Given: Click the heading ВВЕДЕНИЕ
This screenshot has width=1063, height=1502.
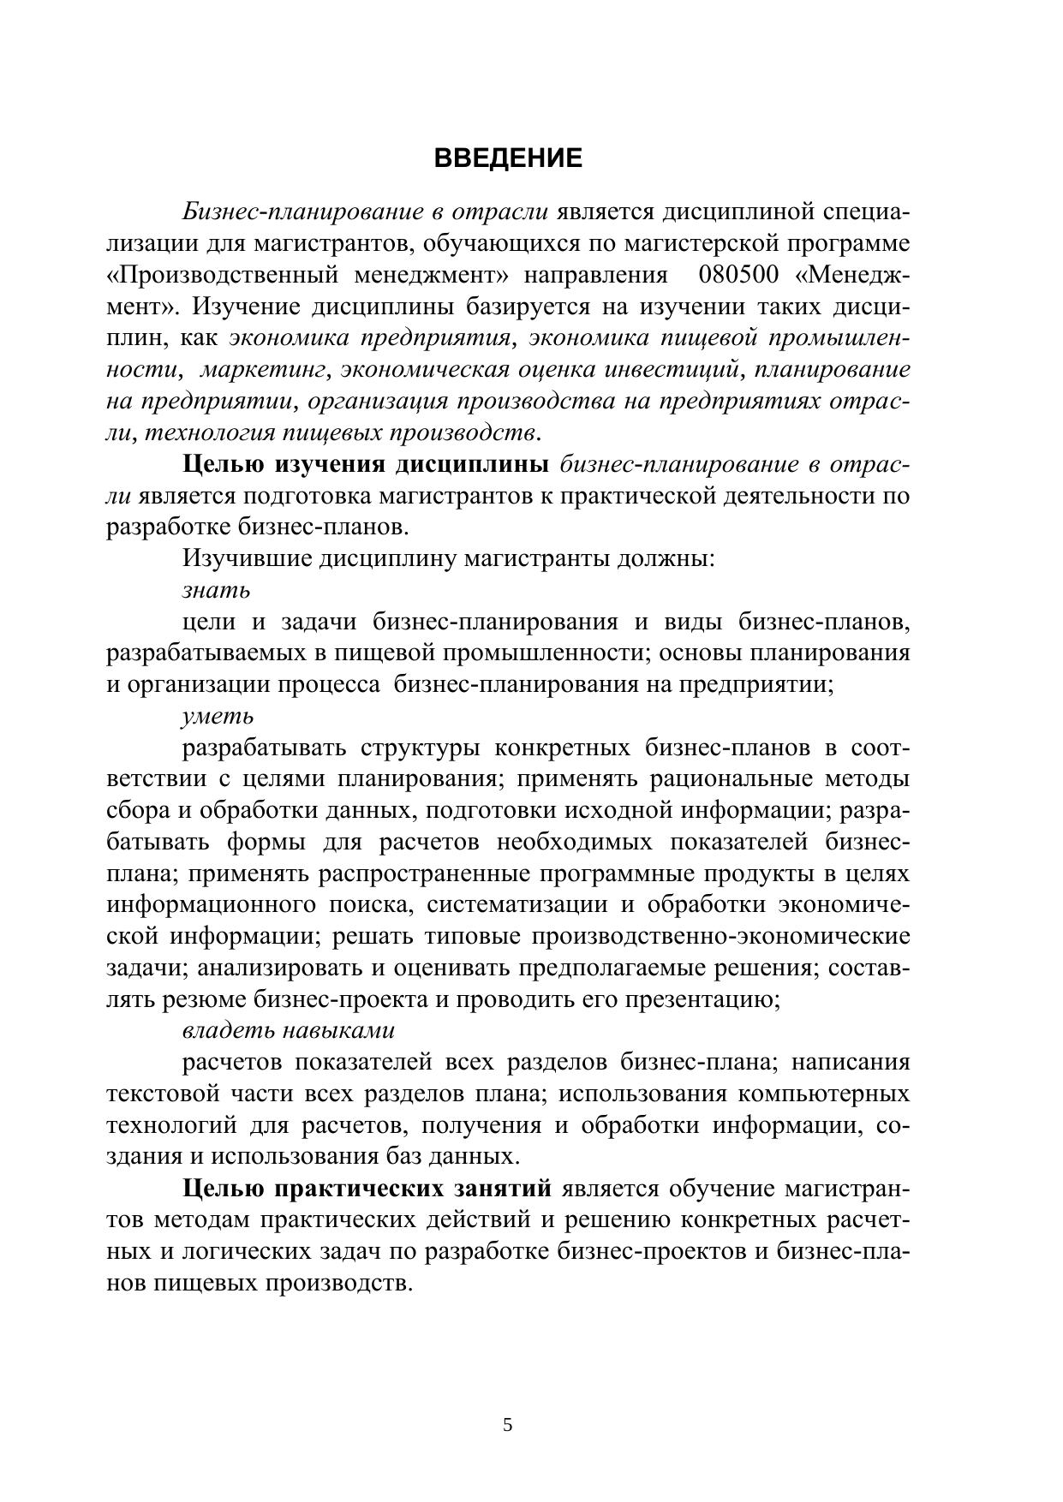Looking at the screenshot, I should click(x=508, y=158).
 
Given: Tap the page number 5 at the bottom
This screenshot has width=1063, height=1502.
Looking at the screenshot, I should click(x=508, y=1425).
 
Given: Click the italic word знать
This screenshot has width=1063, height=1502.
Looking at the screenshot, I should click(x=216, y=591).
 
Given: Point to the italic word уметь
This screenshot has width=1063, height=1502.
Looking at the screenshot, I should click(x=218, y=716).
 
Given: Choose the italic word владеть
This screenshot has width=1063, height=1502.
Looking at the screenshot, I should click(x=227, y=1030).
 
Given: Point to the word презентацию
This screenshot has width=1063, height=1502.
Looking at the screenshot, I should click(x=703, y=999).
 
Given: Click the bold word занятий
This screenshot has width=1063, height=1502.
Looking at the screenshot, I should click(x=501, y=1189).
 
